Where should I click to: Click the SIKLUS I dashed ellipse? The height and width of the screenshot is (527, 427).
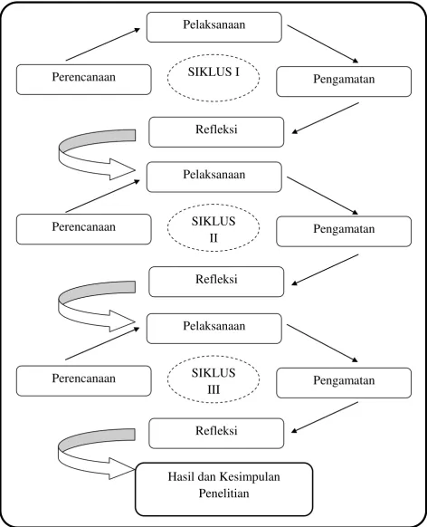click(213, 54)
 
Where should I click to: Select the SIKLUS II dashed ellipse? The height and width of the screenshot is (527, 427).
click(213, 204)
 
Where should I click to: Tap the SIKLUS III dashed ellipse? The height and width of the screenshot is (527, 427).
click(213, 356)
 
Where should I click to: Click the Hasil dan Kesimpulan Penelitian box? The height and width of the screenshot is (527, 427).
click(224, 489)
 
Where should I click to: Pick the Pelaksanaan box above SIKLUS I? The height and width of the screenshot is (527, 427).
click(214, 27)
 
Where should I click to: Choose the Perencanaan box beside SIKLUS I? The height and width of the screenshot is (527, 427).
click(84, 80)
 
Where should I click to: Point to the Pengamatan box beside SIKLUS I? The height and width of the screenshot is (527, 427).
click(344, 81)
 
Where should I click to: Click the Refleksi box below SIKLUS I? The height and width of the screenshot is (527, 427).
click(216, 132)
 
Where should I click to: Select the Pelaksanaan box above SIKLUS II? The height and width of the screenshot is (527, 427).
click(214, 177)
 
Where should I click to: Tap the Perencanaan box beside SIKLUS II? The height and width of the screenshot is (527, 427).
click(84, 229)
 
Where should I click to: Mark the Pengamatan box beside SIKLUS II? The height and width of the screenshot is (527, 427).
click(344, 231)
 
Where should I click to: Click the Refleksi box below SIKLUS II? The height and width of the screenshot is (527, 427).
click(216, 282)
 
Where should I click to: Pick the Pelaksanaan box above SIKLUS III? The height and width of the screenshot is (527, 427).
click(214, 329)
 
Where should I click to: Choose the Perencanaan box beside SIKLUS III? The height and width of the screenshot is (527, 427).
click(84, 381)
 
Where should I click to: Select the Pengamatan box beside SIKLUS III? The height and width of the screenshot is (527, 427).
click(344, 383)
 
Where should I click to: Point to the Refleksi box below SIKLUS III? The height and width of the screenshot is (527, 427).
click(216, 433)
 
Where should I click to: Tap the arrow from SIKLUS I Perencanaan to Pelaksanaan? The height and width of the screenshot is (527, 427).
click(103, 44)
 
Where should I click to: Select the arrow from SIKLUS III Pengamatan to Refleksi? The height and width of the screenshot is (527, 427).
click(325, 417)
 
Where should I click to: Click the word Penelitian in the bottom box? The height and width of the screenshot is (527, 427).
click(224, 493)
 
